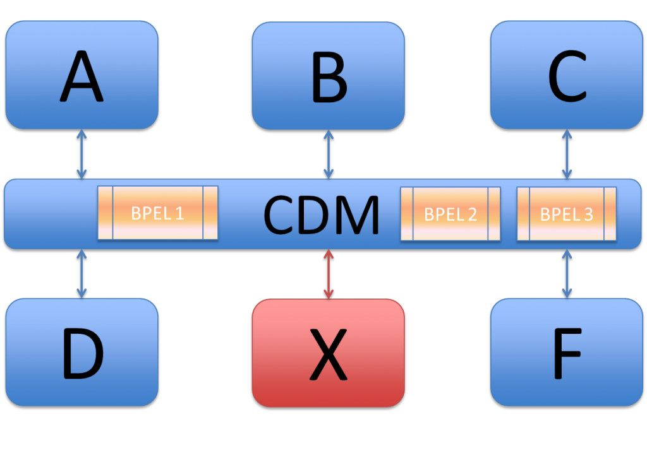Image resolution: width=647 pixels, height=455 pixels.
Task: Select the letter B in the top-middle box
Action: click(329, 79)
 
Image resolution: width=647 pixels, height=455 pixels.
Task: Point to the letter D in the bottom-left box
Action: click(82, 354)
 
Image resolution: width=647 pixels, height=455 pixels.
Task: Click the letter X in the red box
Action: click(329, 355)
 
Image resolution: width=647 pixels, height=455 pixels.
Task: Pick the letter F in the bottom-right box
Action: click(566, 354)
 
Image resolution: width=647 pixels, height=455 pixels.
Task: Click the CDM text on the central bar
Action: click(321, 215)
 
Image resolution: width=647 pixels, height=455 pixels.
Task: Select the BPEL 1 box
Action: click(157, 213)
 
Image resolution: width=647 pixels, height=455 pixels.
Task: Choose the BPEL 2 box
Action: click(450, 214)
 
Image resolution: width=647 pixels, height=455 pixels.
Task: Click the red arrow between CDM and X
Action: click(329, 274)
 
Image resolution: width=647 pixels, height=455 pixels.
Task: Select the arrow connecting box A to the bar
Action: click(82, 154)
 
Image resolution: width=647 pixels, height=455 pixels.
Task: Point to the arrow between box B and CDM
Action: click(329, 154)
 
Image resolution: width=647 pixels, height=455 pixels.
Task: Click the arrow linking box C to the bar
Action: click(567, 154)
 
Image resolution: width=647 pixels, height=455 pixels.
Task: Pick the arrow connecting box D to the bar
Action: click(82, 273)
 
